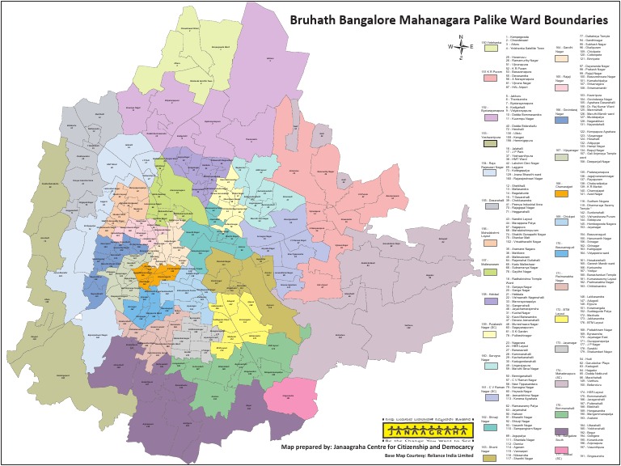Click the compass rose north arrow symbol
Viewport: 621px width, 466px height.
pos(459,47)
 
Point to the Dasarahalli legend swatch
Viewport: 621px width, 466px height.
pos(490,208)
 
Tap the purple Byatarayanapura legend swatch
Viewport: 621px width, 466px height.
pos(490,116)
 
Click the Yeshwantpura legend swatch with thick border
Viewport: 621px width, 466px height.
pos(490,145)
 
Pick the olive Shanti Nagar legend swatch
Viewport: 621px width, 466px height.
pos(490,458)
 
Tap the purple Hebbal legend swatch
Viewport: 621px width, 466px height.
pos(490,301)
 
